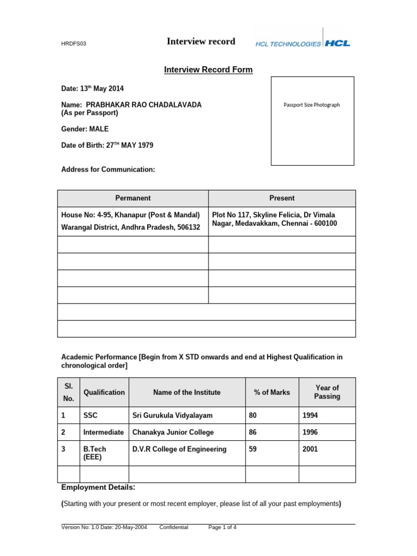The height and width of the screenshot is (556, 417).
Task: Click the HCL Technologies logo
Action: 302,43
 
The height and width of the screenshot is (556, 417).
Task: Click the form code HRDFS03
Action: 72,44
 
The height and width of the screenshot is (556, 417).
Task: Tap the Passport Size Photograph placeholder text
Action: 312,105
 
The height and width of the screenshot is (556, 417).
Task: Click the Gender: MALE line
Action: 85,129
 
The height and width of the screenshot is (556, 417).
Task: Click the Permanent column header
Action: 133,198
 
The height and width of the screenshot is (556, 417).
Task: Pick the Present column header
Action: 282,198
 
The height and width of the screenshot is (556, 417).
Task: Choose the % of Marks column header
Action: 272,392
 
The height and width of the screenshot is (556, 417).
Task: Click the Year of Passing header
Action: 327,392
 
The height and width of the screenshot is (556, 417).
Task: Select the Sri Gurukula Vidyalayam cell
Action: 172,415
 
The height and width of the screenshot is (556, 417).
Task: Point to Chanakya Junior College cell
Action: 173,432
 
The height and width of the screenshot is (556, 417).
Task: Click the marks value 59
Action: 254,449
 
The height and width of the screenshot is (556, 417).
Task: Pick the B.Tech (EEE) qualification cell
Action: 95,453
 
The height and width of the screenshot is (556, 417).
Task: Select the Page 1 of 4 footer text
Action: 222,527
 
